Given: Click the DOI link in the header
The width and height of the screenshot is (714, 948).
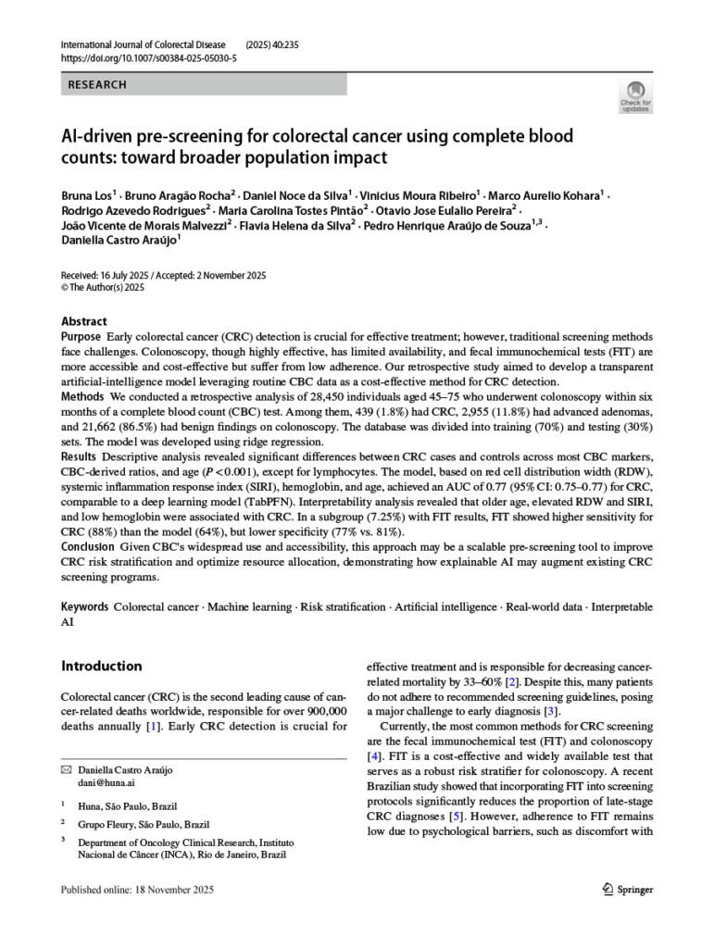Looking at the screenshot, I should click(148, 56).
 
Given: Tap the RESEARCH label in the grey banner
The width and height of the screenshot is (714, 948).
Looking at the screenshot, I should click(97, 84).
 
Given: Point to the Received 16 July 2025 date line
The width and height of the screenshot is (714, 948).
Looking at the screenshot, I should click(162, 275).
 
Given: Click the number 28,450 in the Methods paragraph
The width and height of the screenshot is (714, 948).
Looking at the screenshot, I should click(271, 396).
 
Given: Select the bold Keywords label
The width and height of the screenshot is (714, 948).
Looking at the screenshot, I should click(84, 606).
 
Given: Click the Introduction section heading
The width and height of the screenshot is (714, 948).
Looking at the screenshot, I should click(101, 666).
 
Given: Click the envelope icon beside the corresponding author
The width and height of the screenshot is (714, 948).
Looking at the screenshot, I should click(66, 770).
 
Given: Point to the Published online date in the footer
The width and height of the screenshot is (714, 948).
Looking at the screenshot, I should click(137, 890).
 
